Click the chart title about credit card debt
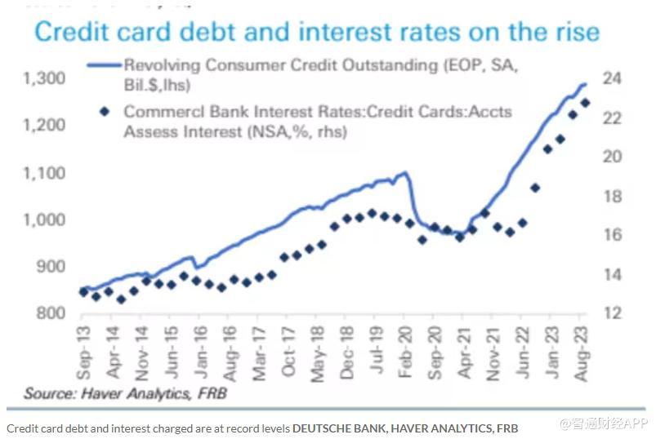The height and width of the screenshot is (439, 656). [316, 32]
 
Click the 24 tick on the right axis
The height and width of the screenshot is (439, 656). [614, 78]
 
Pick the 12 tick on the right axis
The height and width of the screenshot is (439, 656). [614, 313]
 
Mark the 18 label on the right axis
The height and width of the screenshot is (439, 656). [614, 197]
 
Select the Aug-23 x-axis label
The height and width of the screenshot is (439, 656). [582, 353]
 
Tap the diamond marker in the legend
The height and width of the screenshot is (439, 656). [102, 110]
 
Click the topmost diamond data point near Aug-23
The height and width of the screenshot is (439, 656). [585, 103]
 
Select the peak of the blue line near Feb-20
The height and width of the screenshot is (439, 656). [404, 173]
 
